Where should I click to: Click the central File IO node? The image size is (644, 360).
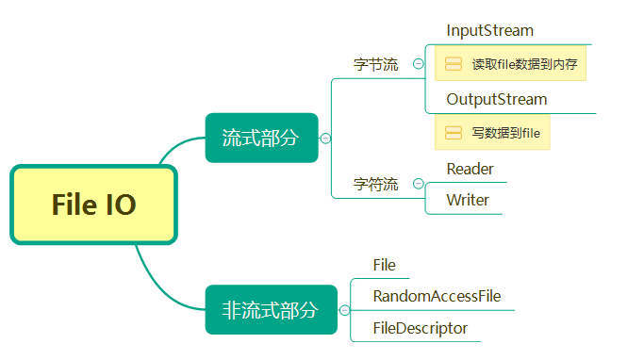tap(93, 205)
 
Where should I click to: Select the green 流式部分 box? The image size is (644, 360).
tap(261, 138)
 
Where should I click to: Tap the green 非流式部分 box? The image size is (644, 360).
tap(271, 309)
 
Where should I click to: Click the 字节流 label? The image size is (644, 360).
tap(375, 65)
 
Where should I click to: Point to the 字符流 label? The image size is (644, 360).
tap(375, 185)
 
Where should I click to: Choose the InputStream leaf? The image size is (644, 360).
tap(489, 31)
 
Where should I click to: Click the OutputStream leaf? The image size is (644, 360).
tap(496, 99)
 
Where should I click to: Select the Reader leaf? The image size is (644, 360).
tap(470, 169)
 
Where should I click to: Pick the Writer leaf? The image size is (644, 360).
tap(468, 200)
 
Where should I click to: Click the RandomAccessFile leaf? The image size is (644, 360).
tap(437, 296)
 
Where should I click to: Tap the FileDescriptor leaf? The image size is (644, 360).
tap(420, 328)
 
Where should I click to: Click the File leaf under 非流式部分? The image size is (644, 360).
tap(384, 265)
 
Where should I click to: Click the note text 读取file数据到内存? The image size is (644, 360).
tap(524, 65)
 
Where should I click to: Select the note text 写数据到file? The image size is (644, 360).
tap(505, 133)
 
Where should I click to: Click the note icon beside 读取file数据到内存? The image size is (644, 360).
tap(453, 65)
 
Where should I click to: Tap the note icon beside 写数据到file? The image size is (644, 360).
tap(453, 133)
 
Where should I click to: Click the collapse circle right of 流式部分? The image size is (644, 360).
tap(325, 138)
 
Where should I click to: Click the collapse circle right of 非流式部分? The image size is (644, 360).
tap(344, 309)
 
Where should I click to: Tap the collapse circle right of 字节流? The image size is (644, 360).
tap(418, 65)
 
